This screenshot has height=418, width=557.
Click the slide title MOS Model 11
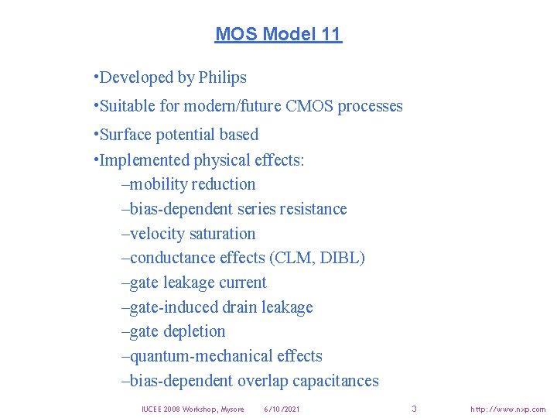pyautogui.click(x=278, y=34)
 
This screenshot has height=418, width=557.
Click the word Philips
pyautogui.click(x=222, y=77)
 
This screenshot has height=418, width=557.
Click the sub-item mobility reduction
pyautogui.click(x=192, y=184)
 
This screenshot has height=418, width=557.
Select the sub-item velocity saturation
pyautogui.click(x=192, y=234)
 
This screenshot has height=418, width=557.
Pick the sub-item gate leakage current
pyautogui.click(x=197, y=283)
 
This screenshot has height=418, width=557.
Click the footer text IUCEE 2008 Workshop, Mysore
pyautogui.click(x=193, y=409)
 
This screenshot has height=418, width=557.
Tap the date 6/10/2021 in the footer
pyautogui.click(x=282, y=409)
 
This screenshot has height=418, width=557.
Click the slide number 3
pyautogui.click(x=414, y=408)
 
